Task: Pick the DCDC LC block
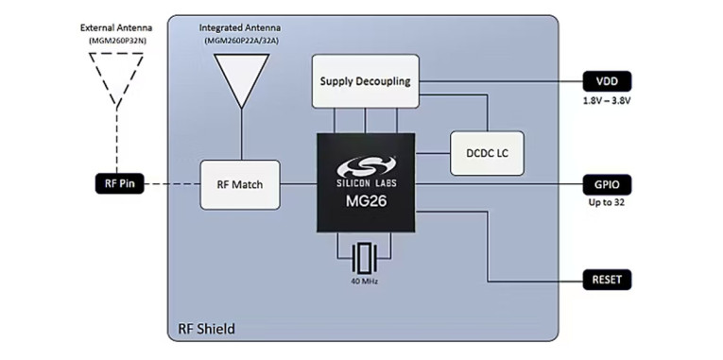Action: [x=485, y=152]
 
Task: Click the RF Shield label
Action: [x=206, y=329]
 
